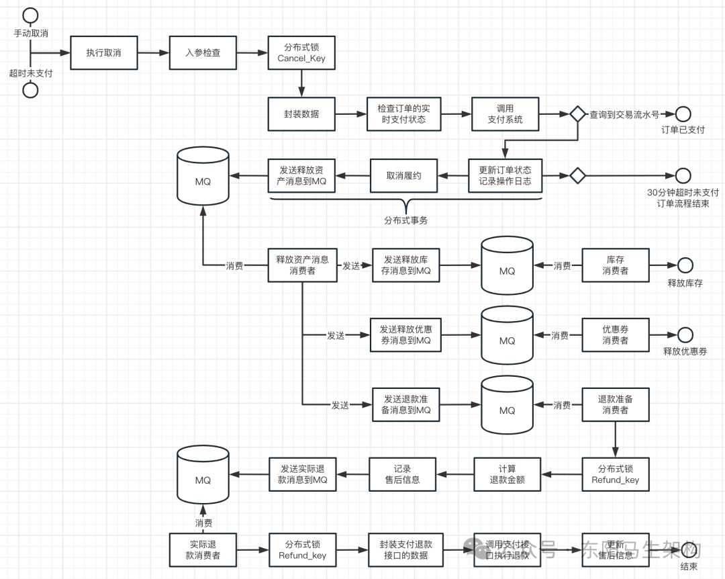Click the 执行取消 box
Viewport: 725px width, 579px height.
click(x=103, y=52)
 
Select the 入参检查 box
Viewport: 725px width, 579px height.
click(x=203, y=52)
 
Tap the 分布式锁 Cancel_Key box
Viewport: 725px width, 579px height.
click(x=301, y=52)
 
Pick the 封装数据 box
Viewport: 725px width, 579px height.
click(x=301, y=114)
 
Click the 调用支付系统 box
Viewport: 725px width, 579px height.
click(x=505, y=114)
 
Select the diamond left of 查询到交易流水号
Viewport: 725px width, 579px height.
click(x=577, y=114)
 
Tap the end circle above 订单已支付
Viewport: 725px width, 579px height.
click(x=683, y=114)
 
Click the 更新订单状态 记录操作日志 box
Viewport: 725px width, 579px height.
click(x=505, y=175)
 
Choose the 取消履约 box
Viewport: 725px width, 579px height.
click(x=403, y=175)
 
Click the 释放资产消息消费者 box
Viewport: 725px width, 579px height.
click(x=302, y=265)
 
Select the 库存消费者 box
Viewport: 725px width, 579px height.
click(x=615, y=265)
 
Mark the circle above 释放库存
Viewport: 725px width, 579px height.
click(x=685, y=265)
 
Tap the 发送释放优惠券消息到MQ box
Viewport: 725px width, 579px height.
click(x=405, y=335)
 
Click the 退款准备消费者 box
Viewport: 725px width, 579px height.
click(x=615, y=404)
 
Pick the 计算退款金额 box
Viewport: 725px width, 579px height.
click(x=507, y=474)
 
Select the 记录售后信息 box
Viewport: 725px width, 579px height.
click(x=403, y=474)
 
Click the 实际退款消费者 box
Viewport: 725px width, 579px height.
click(x=203, y=549)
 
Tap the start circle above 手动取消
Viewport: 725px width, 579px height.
click(x=30, y=14)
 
